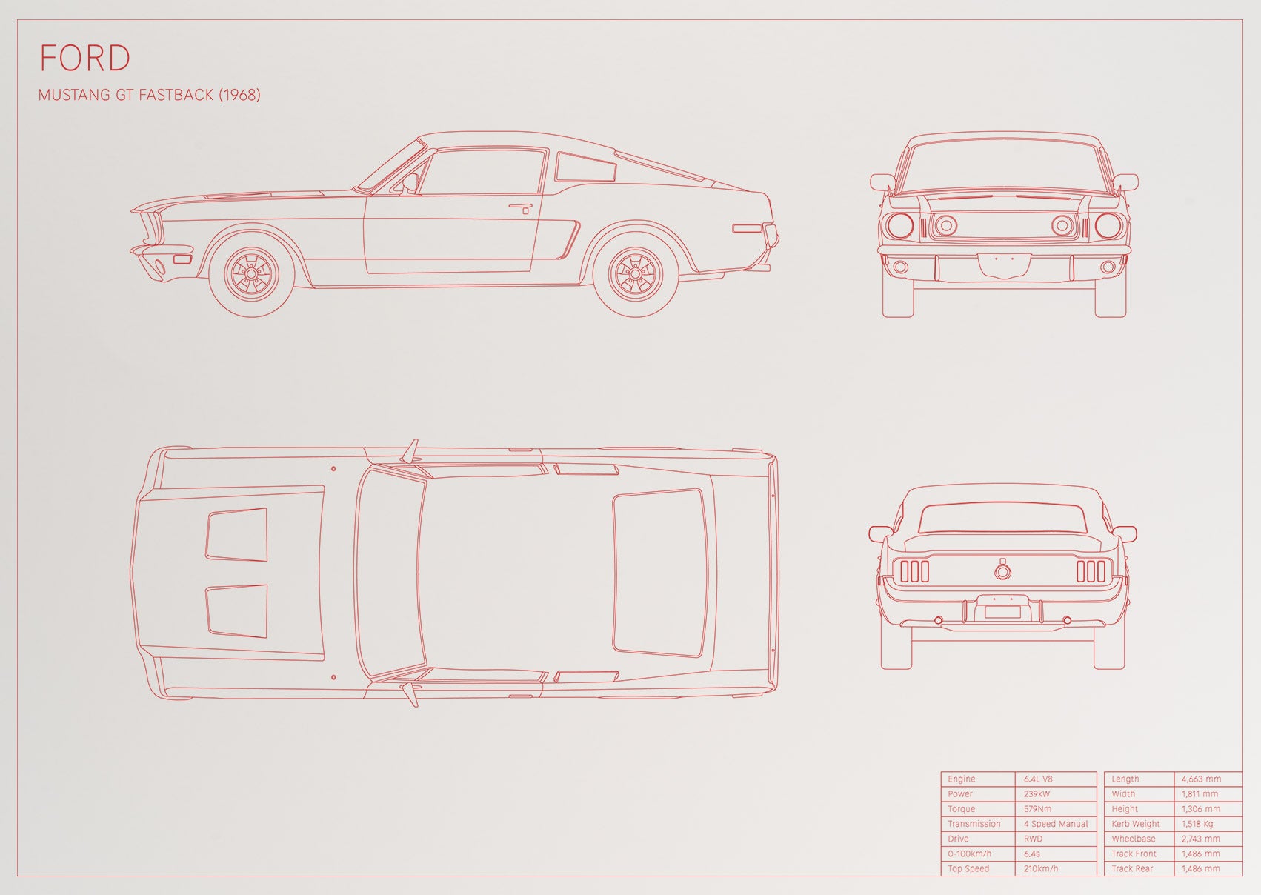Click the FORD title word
(x=85, y=58)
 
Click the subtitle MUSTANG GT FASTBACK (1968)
(x=149, y=95)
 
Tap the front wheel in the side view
(x=251, y=274)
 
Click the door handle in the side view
(x=522, y=207)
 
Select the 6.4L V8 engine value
(x=1038, y=779)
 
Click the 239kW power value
(x=1037, y=793)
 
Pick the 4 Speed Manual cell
(x=1056, y=824)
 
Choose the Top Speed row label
(x=968, y=868)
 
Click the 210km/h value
(x=1041, y=868)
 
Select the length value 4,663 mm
(x=1201, y=779)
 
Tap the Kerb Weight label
(x=1136, y=824)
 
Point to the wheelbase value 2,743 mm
(x=1201, y=839)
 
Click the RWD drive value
(x=1033, y=839)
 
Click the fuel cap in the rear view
(x=1002, y=570)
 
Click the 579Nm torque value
(x=1037, y=809)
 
